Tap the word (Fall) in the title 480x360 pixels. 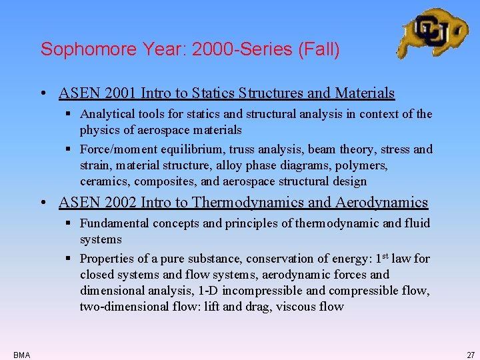point(322,49)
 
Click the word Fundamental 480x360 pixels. point(114,223)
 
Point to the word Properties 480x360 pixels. point(105,259)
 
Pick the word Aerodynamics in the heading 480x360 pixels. point(383,202)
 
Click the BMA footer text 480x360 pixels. point(21,355)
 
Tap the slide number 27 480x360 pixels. point(471,355)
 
